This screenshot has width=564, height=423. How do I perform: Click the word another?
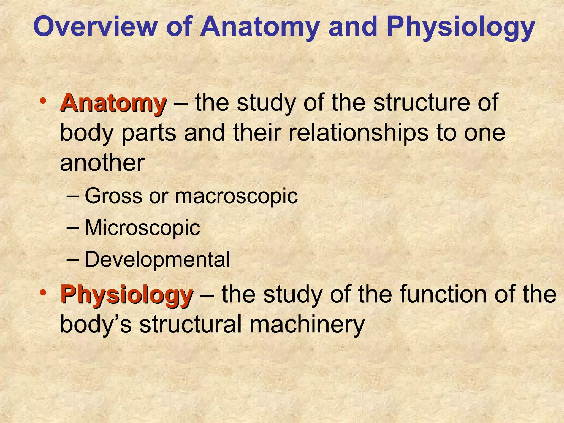[102, 163]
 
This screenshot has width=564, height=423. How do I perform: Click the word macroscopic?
[236, 196]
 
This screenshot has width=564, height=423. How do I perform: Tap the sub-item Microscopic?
[142, 228]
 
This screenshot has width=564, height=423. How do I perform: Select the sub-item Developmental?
[157, 260]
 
